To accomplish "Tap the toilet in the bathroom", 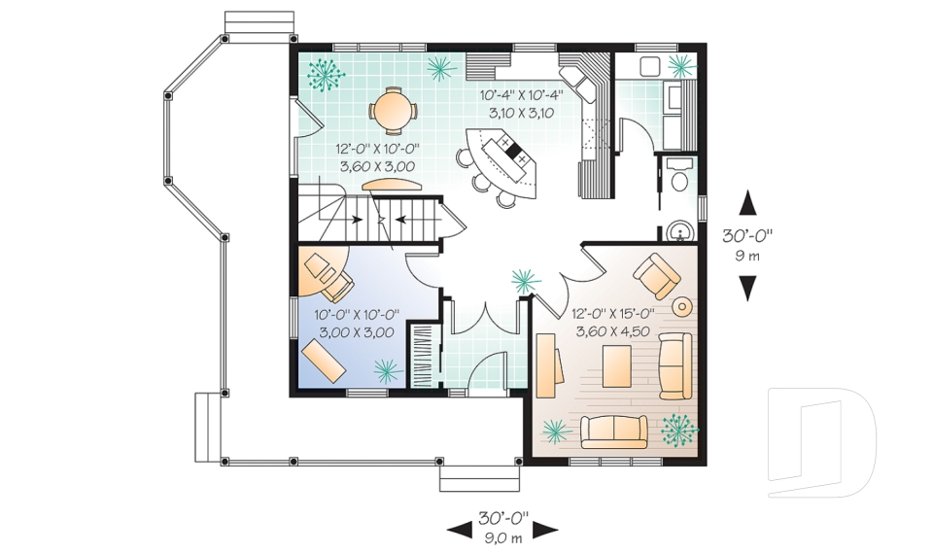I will pos(679,180).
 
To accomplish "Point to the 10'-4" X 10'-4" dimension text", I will pos(521,96).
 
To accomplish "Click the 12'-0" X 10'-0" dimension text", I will pos(378,150).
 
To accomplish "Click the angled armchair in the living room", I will pos(657,274).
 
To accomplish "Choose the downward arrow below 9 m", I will pos(747,288).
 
